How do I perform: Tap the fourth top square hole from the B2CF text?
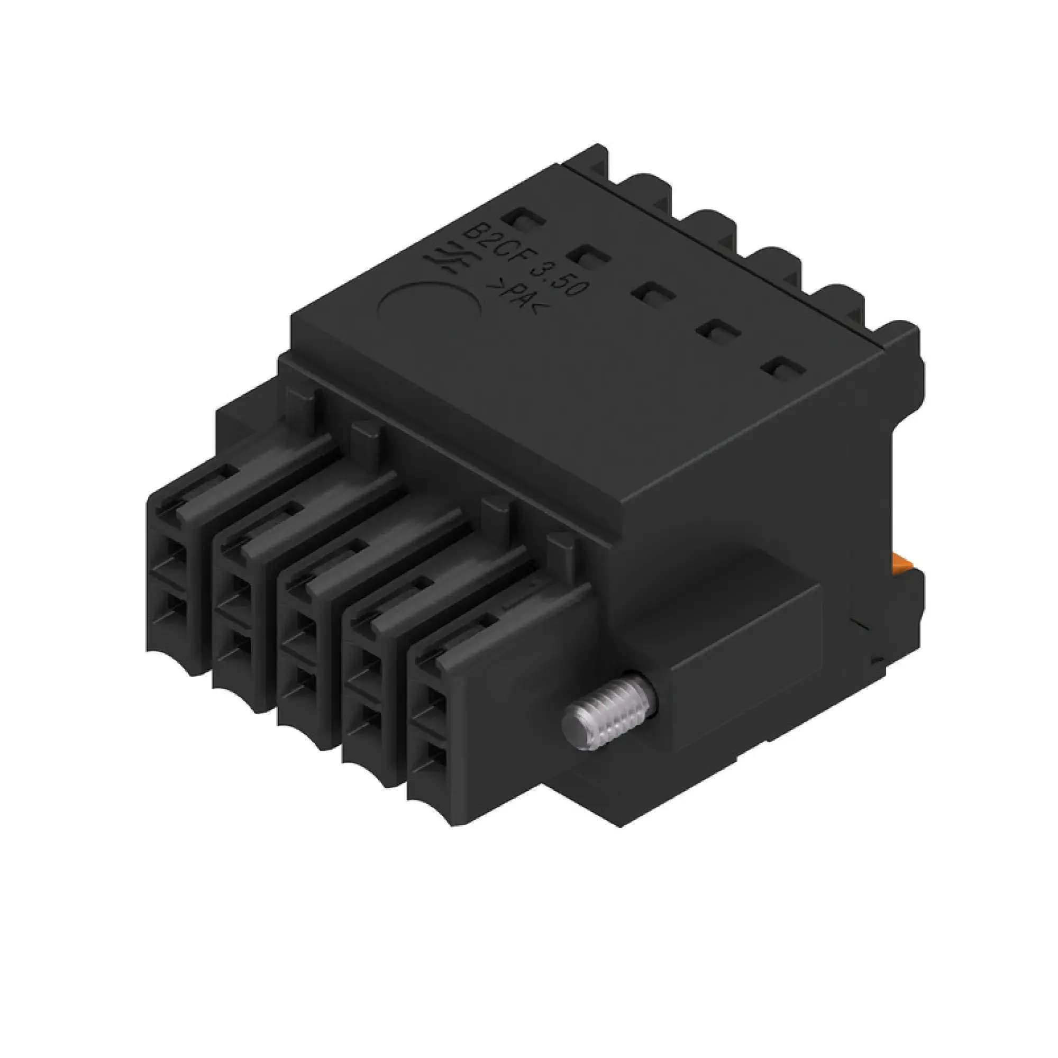click(x=716, y=330)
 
